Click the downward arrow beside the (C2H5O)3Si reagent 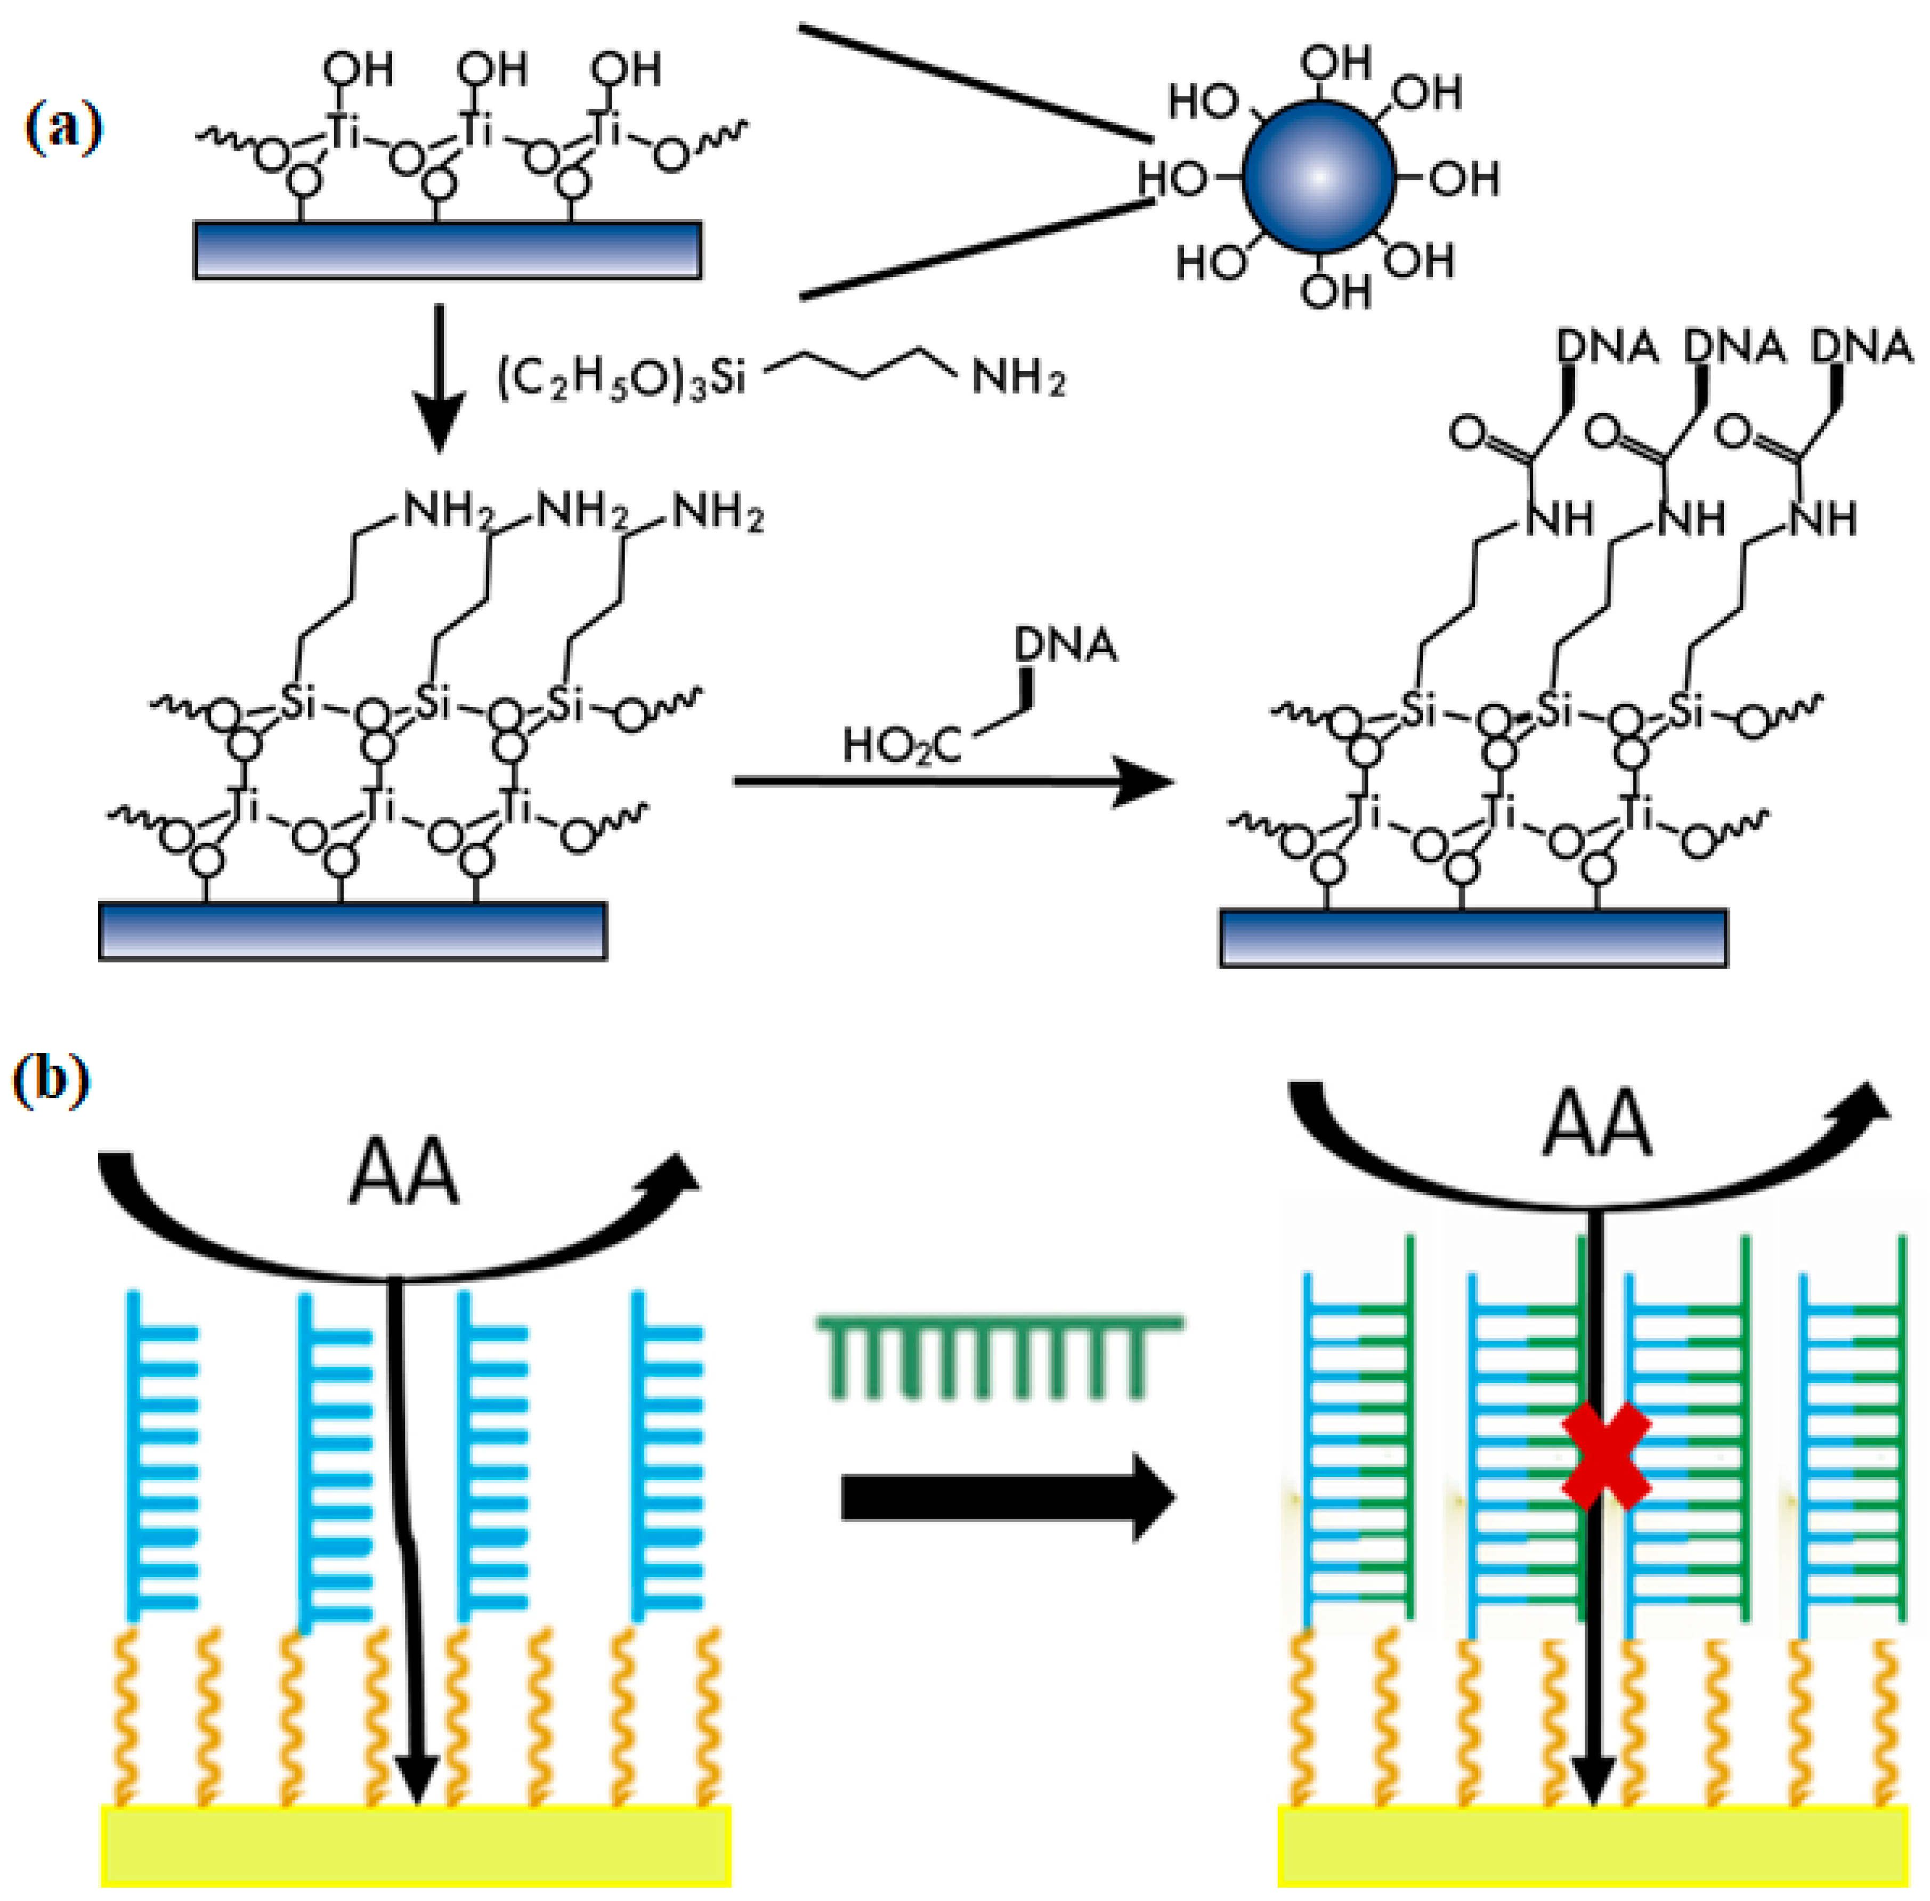point(439,379)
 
